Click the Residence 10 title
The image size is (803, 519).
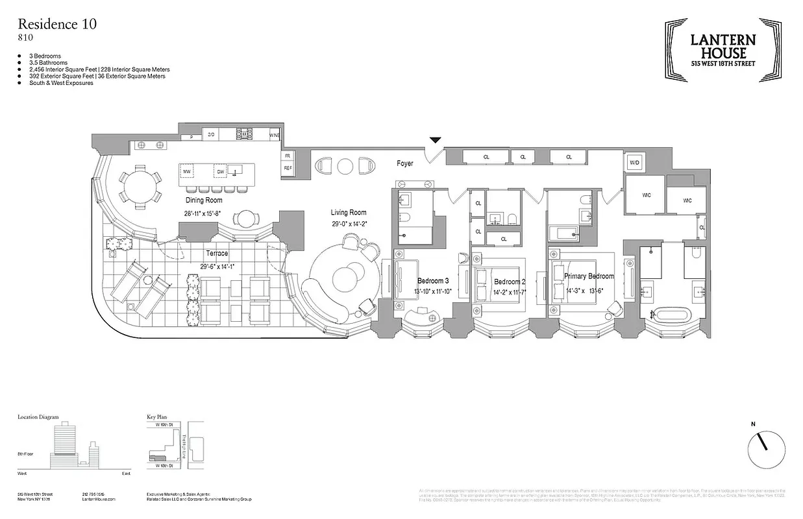coord(58,25)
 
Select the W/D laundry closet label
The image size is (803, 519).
coord(634,163)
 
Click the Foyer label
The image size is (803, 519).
coord(405,163)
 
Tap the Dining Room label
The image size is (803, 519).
coord(204,200)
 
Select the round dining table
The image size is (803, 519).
coord(138,186)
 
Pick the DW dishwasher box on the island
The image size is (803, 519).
coord(221,171)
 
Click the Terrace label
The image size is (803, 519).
coord(217,253)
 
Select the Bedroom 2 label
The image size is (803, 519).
coord(510,282)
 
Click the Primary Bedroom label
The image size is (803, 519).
coord(589,276)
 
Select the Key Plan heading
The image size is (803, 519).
coord(159,417)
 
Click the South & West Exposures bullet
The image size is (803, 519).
coord(61,83)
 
